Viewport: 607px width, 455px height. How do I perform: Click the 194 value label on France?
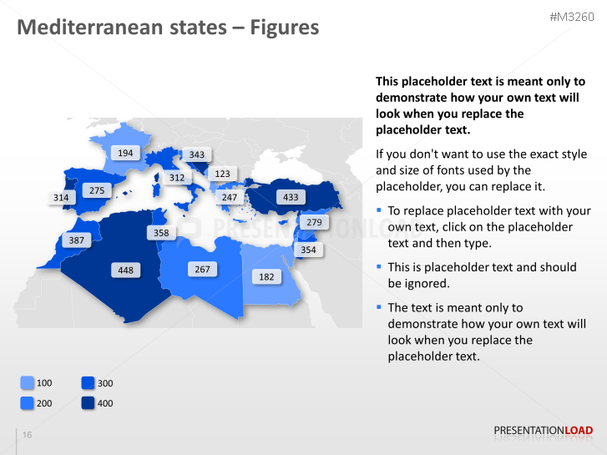click(x=125, y=153)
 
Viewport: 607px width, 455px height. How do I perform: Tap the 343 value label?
click(x=197, y=154)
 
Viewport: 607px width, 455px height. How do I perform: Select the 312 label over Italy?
click(x=177, y=177)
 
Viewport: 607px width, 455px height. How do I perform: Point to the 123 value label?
click(x=222, y=174)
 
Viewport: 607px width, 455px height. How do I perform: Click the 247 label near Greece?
click(x=230, y=198)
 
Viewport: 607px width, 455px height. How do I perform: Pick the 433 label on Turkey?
click(x=291, y=198)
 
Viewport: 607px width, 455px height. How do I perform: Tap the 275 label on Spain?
click(x=97, y=190)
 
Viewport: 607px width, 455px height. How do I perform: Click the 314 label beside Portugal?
click(x=61, y=198)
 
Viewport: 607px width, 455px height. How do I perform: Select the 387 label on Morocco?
click(x=77, y=240)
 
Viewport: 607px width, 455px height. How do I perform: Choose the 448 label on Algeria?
click(x=125, y=270)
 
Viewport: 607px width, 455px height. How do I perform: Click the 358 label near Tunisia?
click(x=161, y=233)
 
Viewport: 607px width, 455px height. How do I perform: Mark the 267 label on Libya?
click(x=203, y=269)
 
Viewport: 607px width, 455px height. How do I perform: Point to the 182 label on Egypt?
click(x=266, y=276)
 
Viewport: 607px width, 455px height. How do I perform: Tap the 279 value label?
click(x=313, y=223)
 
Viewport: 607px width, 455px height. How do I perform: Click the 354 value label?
click(x=308, y=250)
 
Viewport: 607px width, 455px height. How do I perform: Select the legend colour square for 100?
click(x=28, y=383)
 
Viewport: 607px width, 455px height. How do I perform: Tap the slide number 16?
click(x=28, y=435)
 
